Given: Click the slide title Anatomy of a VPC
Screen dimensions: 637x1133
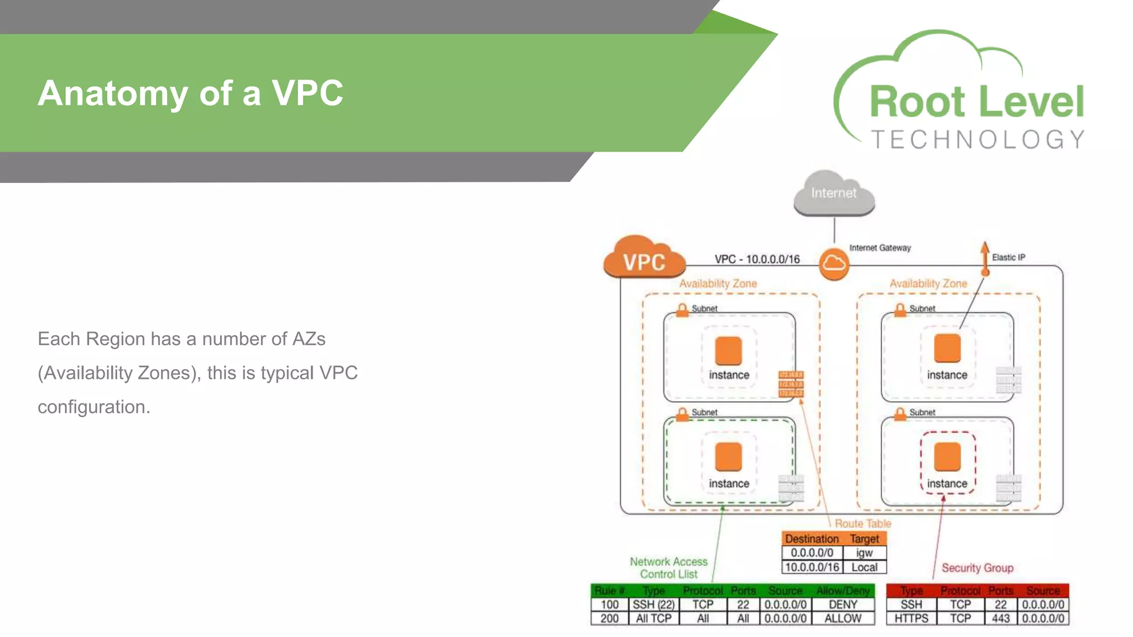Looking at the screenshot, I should point(190,93).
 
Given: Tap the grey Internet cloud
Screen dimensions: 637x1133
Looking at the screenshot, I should point(834,194).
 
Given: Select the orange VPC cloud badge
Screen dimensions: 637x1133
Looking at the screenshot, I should point(644,260).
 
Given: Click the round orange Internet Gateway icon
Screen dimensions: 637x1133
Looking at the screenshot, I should point(834,264).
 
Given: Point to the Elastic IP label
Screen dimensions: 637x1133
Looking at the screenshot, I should point(1008,257).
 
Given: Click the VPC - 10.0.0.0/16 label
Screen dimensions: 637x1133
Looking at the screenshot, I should point(757,259).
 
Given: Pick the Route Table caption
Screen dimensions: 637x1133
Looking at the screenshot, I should point(862,523).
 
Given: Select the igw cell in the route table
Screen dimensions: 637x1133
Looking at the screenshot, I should point(864,552).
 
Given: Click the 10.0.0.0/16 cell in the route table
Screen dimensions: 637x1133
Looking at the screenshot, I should point(812,567).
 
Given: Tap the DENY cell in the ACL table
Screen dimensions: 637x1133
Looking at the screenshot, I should point(843,604).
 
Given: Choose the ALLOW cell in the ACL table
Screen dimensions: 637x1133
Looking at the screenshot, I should point(843,618).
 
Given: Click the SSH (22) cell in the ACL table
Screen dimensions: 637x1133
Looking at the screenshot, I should point(653,604).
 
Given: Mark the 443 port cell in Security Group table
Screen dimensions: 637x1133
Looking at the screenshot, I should point(1000,618).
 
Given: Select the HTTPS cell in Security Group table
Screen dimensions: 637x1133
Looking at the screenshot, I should point(911,618).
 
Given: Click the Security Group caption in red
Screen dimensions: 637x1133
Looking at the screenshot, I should point(978,568).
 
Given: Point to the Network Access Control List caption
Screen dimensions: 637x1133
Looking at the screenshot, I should point(668,568).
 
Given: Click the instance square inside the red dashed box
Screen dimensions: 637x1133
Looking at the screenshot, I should point(947,457).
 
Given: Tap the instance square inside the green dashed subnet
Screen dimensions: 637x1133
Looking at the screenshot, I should point(728,457).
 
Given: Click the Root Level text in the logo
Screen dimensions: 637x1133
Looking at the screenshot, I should point(976,102).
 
